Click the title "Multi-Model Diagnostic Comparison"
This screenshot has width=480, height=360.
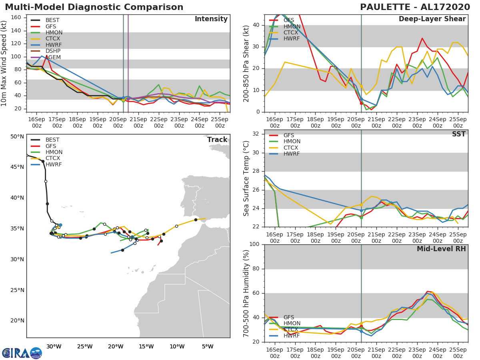click(x=94, y=7)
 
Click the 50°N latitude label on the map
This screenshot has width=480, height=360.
click(x=17, y=137)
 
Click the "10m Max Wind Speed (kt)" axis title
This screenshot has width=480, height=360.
click(x=4, y=64)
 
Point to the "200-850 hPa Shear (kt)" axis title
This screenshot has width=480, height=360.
click(x=247, y=63)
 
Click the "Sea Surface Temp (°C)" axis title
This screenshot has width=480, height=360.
click(x=247, y=178)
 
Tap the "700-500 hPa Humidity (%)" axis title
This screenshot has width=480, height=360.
click(x=247, y=293)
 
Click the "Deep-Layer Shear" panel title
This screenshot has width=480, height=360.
click(x=432, y=19)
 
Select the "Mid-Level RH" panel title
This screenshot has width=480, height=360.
click(x=441, y=249)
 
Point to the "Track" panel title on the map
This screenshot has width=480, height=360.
click(x=217, y=140)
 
